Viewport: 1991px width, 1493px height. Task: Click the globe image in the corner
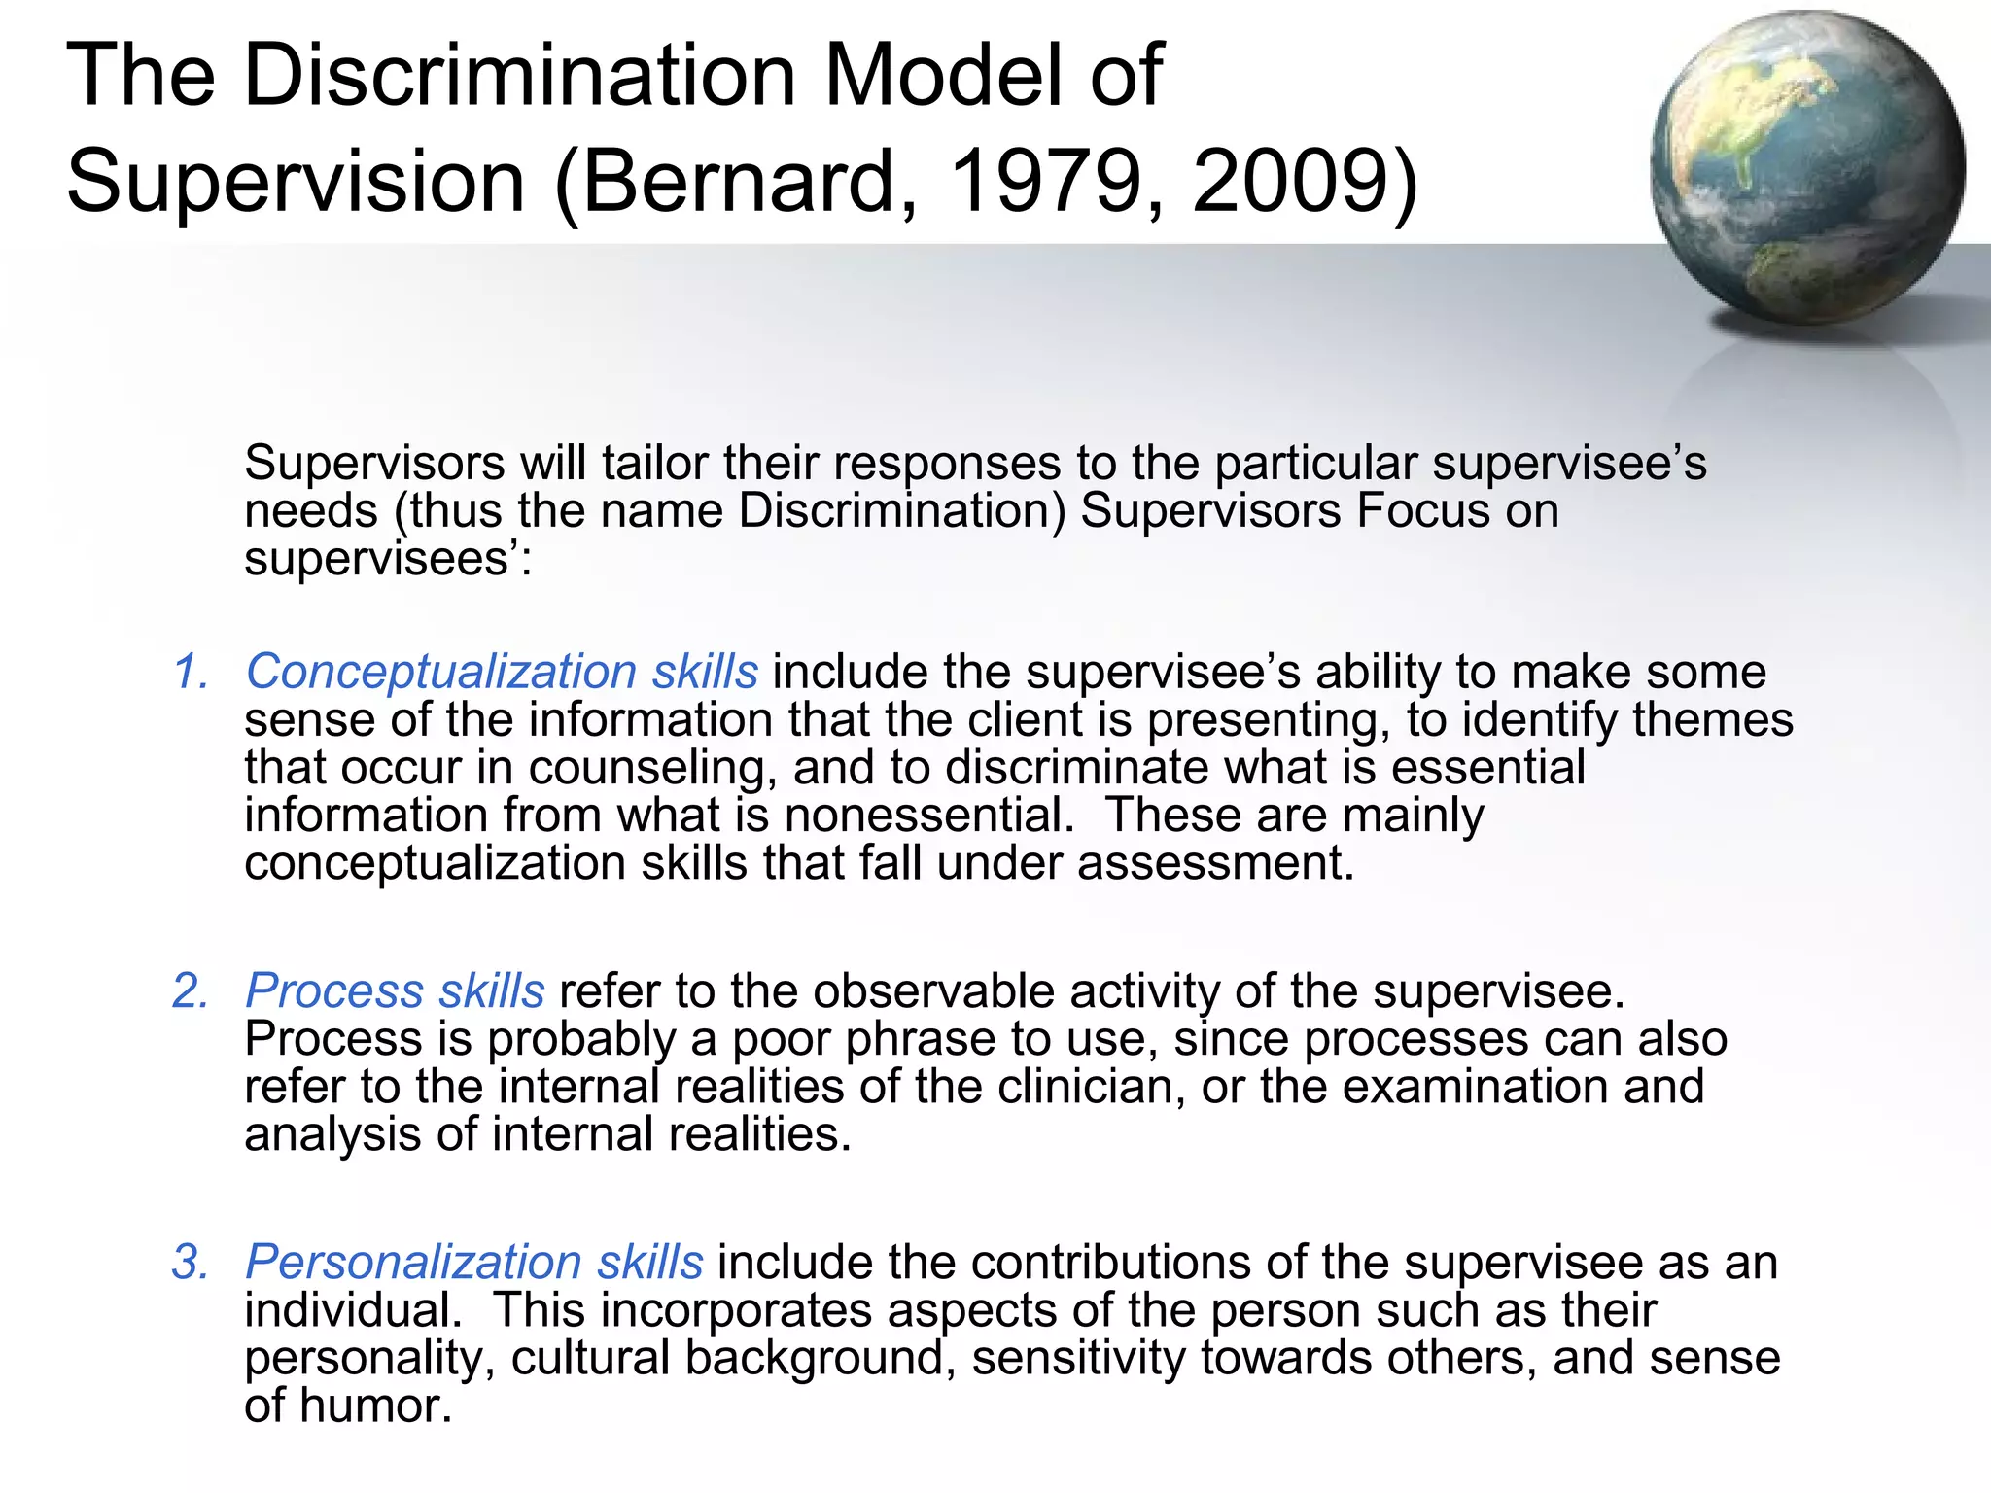[1806, 167]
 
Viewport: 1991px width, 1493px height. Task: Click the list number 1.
[191, 672]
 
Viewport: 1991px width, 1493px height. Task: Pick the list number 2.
[191, 990]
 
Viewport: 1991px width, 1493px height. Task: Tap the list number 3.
[191, 1262]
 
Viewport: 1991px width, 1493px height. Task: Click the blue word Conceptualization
[441, 672]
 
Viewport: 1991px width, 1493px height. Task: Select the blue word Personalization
[413, 1262]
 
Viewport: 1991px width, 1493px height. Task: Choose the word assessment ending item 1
[1215, 863]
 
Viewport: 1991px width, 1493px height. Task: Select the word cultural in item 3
[591, 1358]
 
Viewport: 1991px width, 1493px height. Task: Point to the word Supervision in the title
[297, 181]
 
